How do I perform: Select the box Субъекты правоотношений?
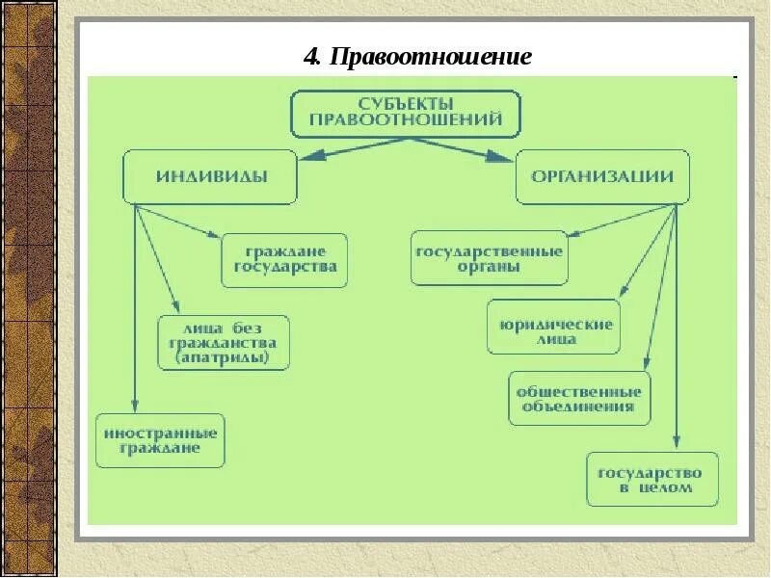(406, 113)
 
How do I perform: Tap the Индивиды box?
(211, 177)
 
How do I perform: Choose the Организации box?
(602, 177)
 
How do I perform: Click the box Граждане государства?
(284, 260)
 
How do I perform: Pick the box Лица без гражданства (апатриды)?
(224, 343)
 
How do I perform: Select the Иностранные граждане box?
(160, 440)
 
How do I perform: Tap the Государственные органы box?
(489, 258)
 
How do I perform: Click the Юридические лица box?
(551, 328)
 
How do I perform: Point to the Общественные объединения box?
(578, 399)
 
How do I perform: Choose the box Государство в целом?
(652, 480)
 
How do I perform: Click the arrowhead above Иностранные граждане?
(136, 406)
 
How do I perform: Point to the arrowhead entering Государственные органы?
(572, 232)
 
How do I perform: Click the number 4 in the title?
(311, 57)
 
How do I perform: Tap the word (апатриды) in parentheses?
(225, 357)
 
